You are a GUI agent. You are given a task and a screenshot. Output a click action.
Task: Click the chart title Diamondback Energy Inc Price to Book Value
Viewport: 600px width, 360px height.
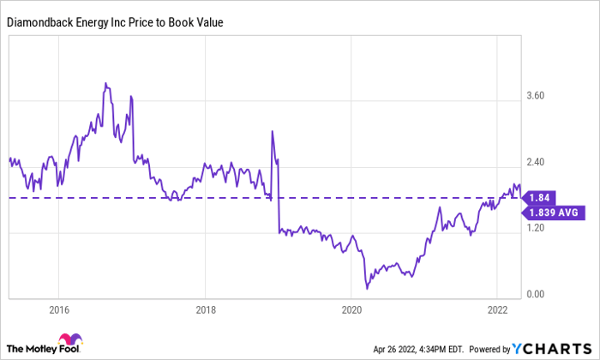(116, 22)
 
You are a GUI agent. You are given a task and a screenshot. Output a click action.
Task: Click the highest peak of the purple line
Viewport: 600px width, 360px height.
(105, 84)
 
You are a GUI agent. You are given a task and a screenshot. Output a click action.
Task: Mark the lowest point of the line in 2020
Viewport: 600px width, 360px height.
(366, 289)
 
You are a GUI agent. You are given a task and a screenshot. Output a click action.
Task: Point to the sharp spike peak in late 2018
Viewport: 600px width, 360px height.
(272, 131)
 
